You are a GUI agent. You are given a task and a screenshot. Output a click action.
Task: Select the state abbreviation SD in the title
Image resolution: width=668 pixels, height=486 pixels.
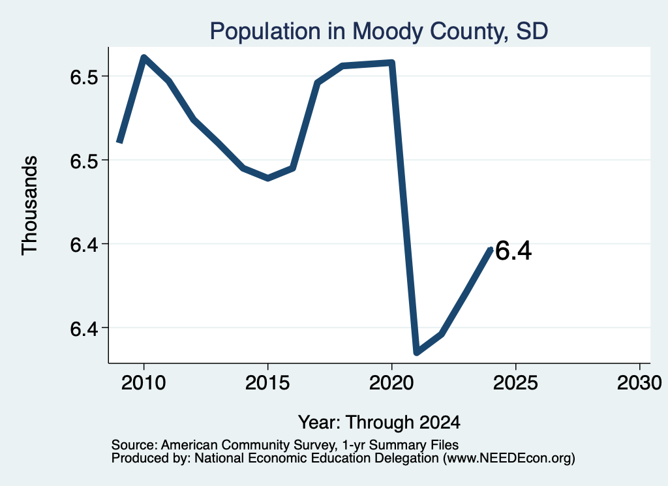point(532,32)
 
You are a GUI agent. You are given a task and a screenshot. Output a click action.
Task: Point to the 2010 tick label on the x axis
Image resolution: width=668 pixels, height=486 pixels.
point(144,383)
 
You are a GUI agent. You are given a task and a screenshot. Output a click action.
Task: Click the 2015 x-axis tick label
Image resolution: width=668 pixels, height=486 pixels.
point(267,383)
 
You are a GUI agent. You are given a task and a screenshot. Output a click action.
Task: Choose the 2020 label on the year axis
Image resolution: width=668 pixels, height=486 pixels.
point(391,383)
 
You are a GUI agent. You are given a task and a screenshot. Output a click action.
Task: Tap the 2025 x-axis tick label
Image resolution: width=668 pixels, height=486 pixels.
point(515,383)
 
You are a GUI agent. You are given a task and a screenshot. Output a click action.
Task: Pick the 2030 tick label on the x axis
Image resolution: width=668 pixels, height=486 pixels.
point(639,383)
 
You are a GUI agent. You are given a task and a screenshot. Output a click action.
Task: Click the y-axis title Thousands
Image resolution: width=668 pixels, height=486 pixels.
point(30,205)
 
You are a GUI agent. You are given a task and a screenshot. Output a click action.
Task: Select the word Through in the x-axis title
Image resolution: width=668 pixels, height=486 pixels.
point(379,423)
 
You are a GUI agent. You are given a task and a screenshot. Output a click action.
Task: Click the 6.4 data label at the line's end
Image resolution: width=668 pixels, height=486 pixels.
point(513,251)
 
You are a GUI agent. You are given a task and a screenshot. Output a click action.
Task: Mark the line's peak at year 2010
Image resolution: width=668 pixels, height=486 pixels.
point(144,57)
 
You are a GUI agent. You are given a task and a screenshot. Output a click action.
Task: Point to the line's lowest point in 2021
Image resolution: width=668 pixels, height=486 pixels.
point(417,352)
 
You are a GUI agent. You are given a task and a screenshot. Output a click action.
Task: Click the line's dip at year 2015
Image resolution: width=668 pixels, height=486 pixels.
point(267,178)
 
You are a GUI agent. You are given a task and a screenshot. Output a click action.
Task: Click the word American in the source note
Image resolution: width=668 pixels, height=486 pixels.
point(190,445)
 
